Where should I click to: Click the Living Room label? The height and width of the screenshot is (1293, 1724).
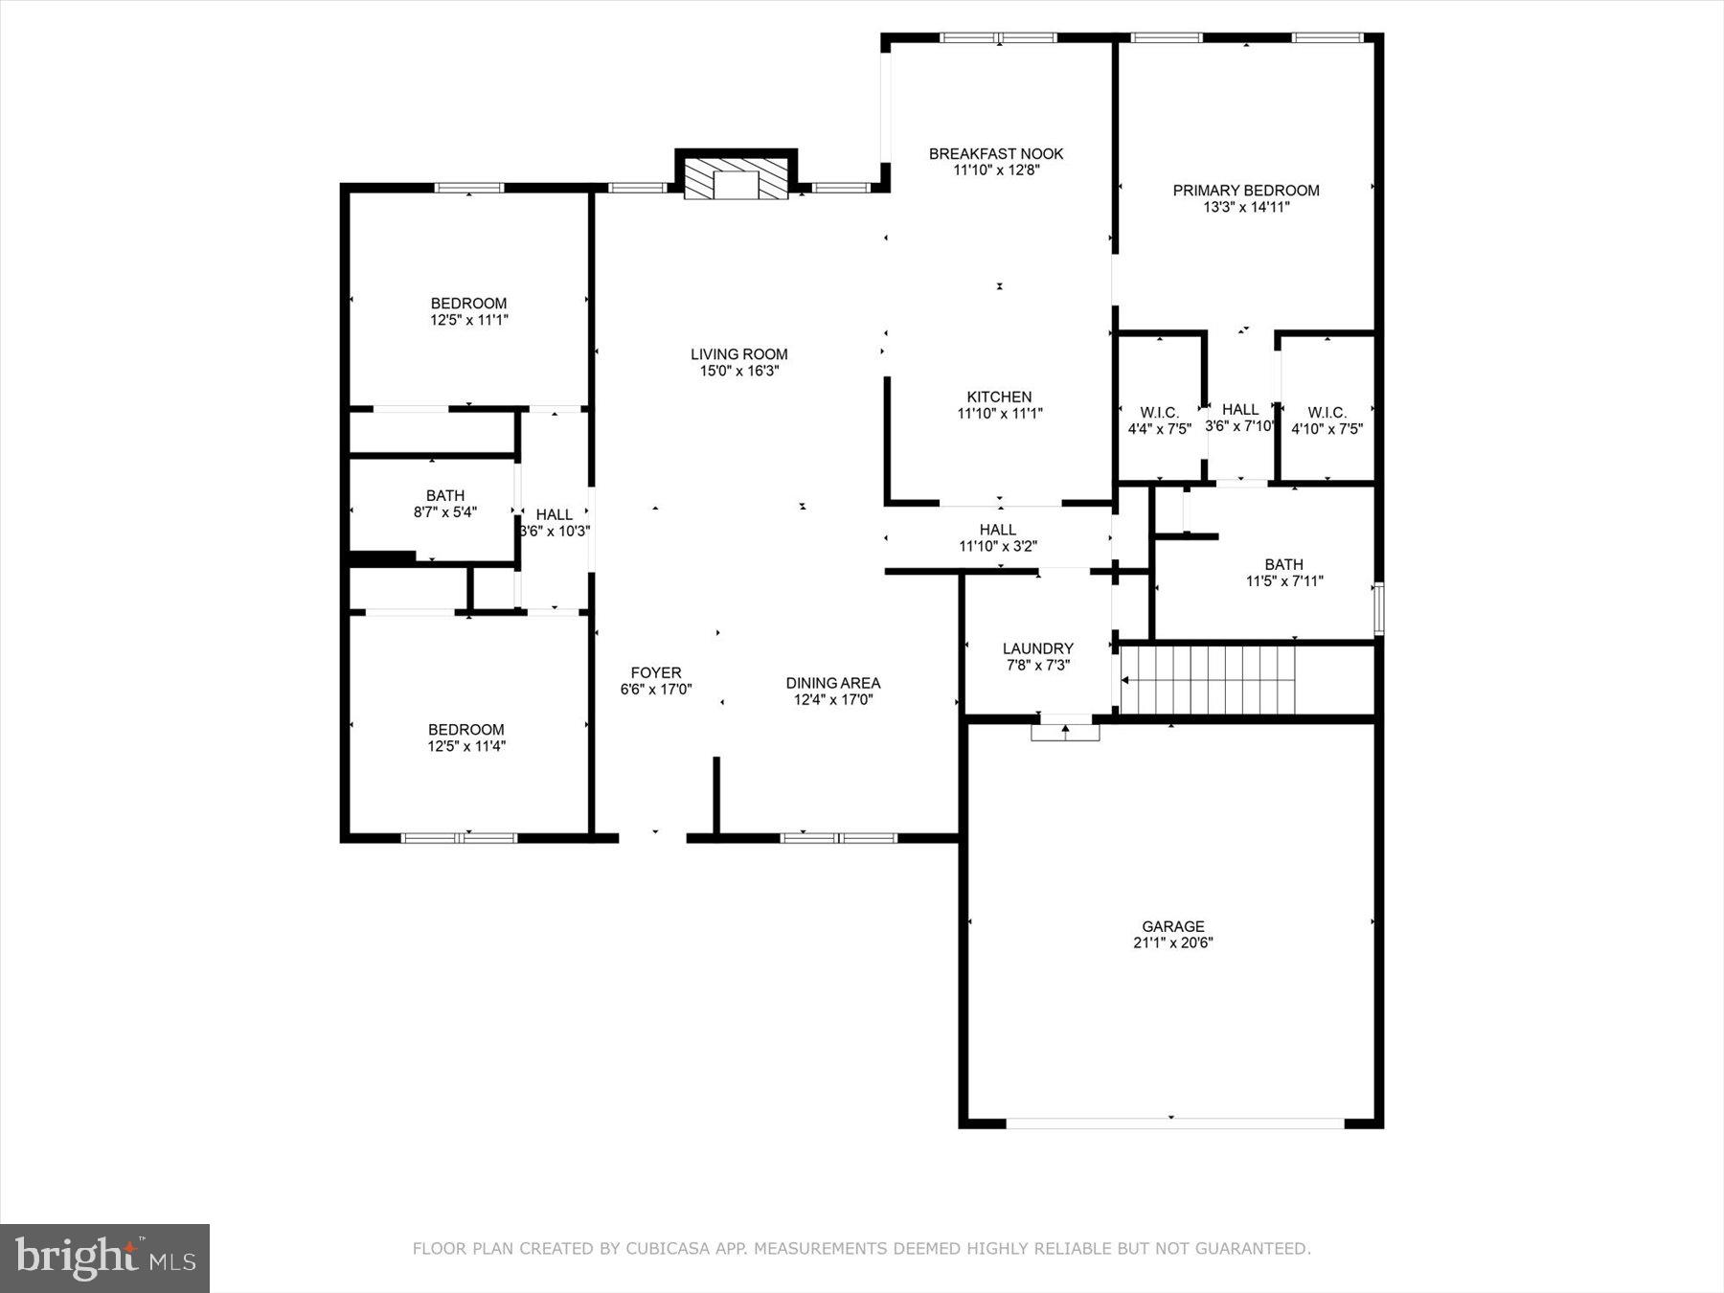pos(738,354)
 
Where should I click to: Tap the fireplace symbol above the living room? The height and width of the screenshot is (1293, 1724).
pos(736,182)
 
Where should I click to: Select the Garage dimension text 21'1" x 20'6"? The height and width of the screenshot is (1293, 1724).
pos(1172,942)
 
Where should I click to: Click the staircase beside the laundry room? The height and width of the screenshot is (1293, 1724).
pos(1211,680)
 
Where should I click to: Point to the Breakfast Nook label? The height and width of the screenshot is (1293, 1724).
pos(996,153)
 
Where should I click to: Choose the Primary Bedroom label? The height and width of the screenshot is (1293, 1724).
pos(1246,191)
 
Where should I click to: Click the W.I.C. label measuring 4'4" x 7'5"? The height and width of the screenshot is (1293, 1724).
pos(1159,413)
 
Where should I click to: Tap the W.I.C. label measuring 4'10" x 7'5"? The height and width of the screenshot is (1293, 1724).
pos(1327,413)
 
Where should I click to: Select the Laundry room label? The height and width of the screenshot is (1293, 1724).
pos(1037,648)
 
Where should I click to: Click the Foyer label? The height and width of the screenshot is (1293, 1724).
pos(656,672)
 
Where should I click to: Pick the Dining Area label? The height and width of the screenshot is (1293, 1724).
pos(832,683)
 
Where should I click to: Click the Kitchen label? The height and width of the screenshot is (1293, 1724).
pos(999,397)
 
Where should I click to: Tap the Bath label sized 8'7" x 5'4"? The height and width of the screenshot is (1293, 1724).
pos(445,495)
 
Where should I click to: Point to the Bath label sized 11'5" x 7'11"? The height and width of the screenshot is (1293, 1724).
pos(1283,564)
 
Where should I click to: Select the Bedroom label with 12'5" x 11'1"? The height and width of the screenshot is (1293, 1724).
pos(468,304)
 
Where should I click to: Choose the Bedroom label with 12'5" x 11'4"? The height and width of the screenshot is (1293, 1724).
pos(466,729)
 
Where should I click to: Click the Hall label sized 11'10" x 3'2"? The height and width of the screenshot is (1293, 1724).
pos(997,530)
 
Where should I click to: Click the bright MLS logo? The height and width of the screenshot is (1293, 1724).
pos(104,1258)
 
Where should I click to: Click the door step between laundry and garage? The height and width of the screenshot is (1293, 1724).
pos(1065,732)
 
